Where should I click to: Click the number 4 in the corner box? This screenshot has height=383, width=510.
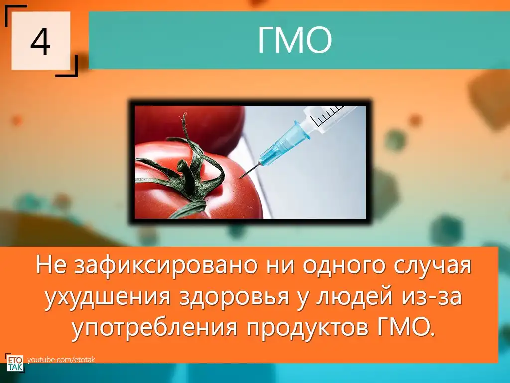41,42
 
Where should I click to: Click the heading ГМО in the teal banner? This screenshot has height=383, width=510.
295,40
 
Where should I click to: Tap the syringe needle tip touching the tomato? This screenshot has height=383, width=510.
241,178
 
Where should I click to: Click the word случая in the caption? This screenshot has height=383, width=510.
433,266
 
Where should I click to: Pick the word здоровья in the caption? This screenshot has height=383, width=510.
234,297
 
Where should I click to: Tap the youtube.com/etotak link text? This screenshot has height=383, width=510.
61,360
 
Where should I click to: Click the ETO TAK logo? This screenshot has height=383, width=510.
15,363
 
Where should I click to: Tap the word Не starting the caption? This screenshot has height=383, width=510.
51,266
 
